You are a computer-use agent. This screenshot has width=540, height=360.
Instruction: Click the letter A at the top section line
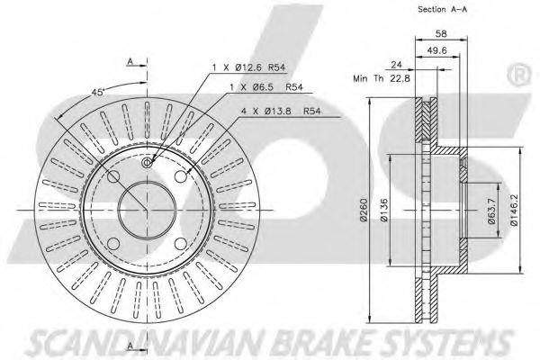tap(132, 61)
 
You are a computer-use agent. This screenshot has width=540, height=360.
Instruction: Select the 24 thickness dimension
tap(397, 64)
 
